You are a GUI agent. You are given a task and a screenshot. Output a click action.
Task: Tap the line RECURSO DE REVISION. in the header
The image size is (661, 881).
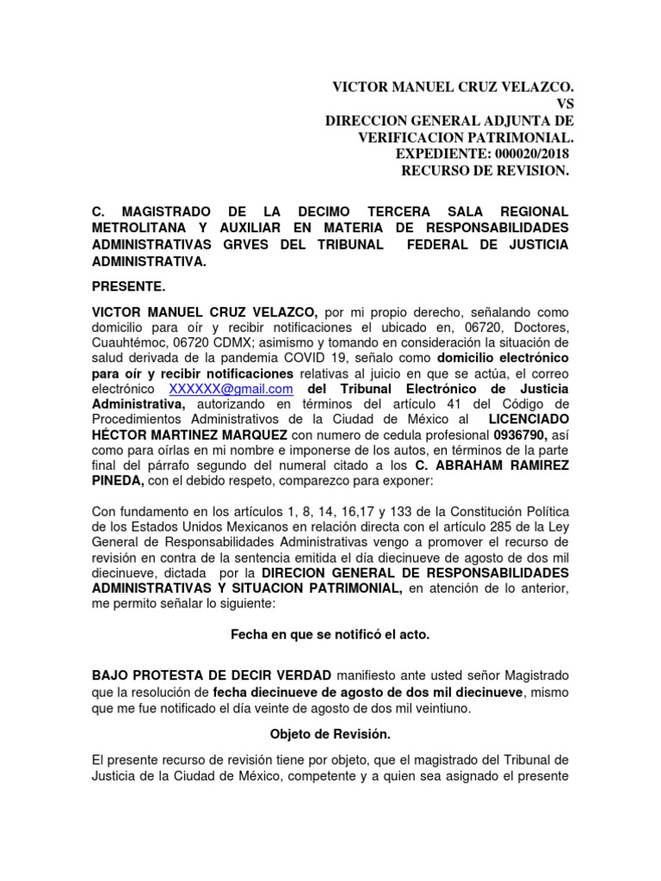485,170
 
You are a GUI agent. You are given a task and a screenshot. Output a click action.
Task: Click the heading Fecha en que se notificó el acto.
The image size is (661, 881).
330,634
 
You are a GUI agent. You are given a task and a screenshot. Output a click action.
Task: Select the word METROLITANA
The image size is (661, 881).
141,228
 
